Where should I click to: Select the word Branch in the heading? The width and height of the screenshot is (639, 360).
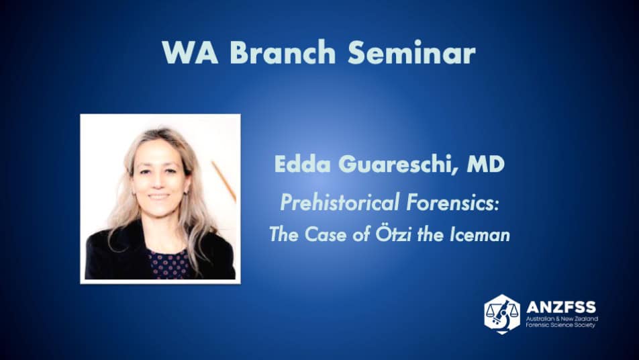pos(283,52)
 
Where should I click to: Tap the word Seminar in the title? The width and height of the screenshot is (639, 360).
pos(411,52)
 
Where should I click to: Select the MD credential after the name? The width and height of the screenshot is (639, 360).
pos(486,164)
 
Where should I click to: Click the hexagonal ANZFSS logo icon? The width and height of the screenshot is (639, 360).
pos(502,314)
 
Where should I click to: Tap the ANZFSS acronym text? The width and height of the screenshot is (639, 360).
pos(560,306)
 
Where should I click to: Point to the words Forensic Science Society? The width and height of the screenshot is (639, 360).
pos(560,325)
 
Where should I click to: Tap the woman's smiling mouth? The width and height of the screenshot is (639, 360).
pos(158,197)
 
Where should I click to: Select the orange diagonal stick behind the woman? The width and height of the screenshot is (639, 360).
pos(224,182)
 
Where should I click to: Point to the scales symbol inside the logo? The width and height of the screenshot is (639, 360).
pos(502,313)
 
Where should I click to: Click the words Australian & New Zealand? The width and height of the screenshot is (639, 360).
pos(562,318)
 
